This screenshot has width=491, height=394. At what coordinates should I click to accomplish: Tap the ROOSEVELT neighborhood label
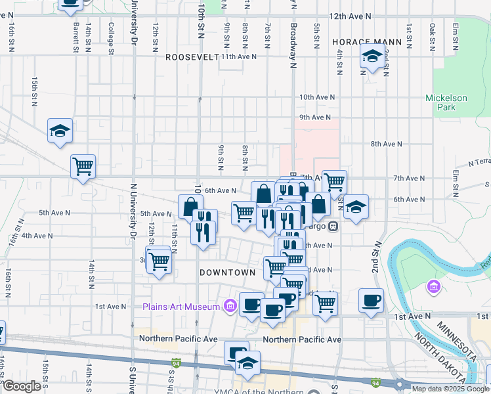tap(192, 57)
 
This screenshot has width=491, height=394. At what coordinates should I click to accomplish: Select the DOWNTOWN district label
tap(227, 272)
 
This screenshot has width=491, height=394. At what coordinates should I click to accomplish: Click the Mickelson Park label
tap(446, 102)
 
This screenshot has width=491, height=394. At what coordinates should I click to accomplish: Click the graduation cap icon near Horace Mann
tap(372, 58)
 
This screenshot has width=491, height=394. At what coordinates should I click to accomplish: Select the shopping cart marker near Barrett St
tap(83, 167)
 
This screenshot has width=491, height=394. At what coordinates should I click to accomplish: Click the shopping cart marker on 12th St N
tap(159, 261)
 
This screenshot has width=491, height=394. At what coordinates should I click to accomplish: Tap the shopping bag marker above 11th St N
tap(190, 207)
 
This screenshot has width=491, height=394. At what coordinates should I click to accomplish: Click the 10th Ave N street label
tap(316, 97)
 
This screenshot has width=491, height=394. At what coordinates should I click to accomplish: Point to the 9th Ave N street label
tap(314, 118)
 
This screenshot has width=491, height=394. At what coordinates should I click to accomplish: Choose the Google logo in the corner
tap(23, 387)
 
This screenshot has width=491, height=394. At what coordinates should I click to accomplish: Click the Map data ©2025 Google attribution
tap(450, 389)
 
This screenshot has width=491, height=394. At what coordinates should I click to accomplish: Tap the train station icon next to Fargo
tap(333, 227)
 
